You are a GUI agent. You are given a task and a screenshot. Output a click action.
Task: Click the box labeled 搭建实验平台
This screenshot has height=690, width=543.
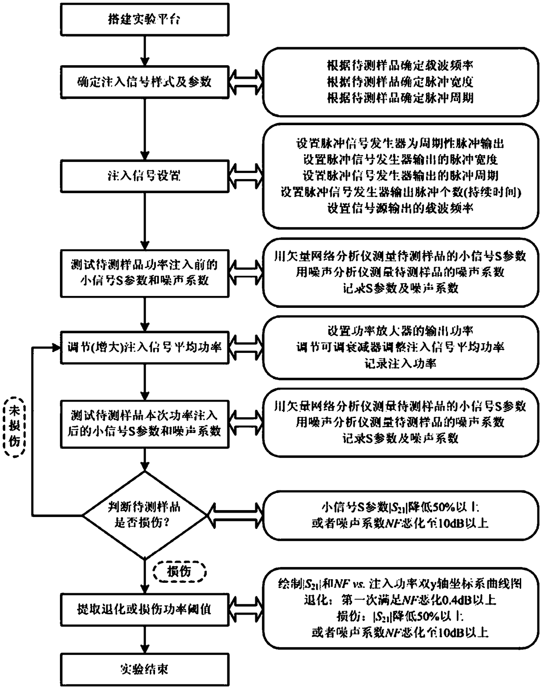click(x=144, y=19)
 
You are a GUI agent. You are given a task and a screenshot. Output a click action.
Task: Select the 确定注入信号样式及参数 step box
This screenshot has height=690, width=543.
click(x=144, y=82)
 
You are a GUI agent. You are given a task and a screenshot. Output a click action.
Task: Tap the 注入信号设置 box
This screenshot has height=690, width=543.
click(x=144, y=176)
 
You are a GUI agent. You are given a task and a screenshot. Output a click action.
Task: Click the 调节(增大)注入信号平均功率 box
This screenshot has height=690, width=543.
click(x=144, y=348)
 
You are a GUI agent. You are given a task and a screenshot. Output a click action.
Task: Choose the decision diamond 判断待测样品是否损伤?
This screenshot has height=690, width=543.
click(x=144, y=515)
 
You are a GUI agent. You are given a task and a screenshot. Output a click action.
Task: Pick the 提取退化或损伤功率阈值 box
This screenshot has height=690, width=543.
click(x=144, y=609)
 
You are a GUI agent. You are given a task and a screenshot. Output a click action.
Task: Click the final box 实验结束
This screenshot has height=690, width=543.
click(x=144, y=669)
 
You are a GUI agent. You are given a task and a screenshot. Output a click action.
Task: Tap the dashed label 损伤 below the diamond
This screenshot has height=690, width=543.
click(x=179, y=572)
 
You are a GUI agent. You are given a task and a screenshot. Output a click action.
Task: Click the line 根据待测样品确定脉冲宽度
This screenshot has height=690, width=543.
click(x=400, y=82)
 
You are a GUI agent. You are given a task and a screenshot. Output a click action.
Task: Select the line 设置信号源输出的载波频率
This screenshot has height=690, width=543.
click(x=400, y=208)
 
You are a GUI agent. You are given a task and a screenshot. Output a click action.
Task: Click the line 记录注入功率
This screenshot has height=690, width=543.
click(x=400, y=363)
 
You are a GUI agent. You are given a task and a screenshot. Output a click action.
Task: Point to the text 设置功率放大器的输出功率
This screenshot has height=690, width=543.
click(x=400, y=331)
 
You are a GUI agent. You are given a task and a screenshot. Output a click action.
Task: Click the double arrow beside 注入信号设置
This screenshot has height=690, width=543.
click(x=245, y=176)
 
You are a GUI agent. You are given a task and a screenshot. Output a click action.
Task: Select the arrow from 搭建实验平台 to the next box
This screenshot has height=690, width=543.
click(x=144, y=50)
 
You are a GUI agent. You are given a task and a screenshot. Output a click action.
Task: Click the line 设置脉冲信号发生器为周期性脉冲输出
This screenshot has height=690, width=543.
click(x=400, y=143)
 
